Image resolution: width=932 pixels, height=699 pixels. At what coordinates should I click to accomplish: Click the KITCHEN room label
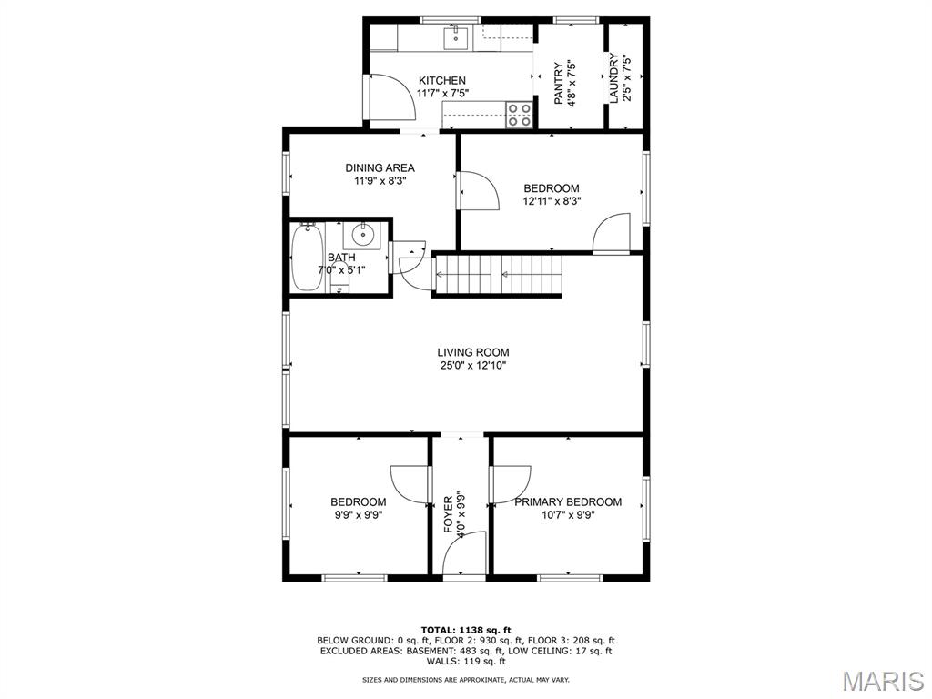pyautogui.click(x=442, y=80)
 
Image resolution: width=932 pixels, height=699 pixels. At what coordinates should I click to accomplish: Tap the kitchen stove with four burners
pyautogui.click(x=519, y=114)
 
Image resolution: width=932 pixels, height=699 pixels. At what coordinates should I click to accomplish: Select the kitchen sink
pyautogui.click(x=456, y=38)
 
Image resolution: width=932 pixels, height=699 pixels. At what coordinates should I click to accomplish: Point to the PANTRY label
pyautogui.click(x=559, y=84)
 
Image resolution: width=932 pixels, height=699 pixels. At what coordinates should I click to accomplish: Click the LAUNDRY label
pyautogui.click(x=613, y=78)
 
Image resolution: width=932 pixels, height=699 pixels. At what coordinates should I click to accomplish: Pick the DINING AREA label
pyautogui.click(x=380, y=168)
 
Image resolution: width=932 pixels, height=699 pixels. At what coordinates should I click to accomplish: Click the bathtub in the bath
pyautogui.click(x=308, y=257)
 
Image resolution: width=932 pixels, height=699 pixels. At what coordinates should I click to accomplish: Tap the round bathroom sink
pyautogui.click(x=362, y=236)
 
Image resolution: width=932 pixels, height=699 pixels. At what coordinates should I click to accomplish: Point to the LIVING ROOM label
pyautogui.click(x=473, y=352)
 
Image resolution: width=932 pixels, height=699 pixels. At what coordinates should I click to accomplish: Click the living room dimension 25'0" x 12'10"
pyautogui.click(x=473, y=366)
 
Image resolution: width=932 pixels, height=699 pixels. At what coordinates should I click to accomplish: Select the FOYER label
pyautogui.click(x=448, y=514)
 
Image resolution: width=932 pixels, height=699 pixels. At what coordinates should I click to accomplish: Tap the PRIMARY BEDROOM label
pyautogui.click(x=568, y=502)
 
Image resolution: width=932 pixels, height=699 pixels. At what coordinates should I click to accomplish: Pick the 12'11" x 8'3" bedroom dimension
pyautogui.click(x=552, y=201)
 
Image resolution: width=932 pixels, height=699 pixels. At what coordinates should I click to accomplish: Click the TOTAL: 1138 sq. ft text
pyautogui.click(x=466, y=630)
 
